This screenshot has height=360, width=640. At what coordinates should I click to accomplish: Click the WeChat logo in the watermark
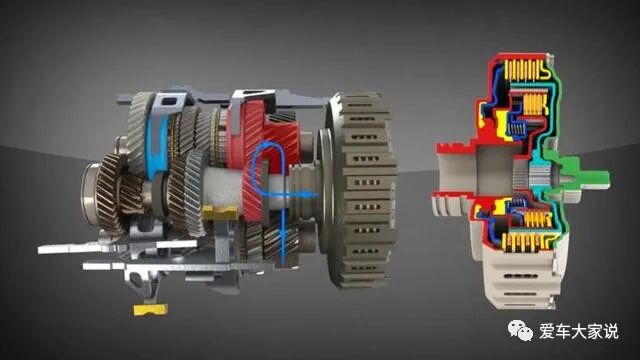point(520,330)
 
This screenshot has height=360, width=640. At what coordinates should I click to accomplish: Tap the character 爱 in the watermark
point(547,331)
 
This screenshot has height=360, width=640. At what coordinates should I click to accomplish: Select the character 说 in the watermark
point(611,331)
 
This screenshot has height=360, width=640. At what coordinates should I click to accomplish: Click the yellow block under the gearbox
point(150,309)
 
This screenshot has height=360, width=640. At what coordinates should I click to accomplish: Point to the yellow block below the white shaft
point(220,211)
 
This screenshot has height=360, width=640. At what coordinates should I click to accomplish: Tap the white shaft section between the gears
point(222,188)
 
